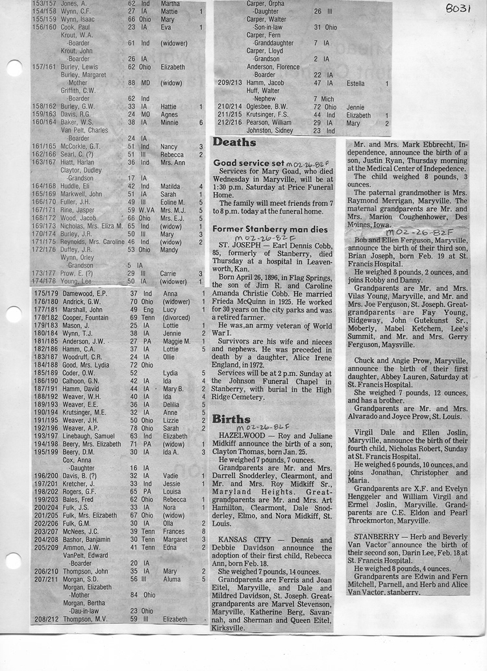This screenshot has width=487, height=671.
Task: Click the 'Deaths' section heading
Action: point(234,142)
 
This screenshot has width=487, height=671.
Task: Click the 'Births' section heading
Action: point(231,419)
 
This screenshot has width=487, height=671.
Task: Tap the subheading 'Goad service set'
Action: point(249,162)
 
